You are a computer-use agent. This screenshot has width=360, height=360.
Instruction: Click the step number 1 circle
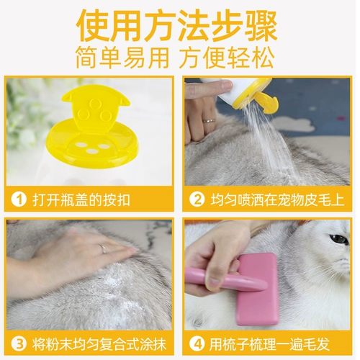(19, 199)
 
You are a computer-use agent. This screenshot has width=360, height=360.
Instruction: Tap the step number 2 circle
(197, 199)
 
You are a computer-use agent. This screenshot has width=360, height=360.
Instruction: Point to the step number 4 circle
(197, 344)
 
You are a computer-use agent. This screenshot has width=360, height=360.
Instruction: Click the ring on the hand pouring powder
(208, 120)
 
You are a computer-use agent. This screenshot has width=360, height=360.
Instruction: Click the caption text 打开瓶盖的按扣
(81, 200)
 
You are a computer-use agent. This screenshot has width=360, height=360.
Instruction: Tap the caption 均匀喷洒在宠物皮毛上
(278, 199)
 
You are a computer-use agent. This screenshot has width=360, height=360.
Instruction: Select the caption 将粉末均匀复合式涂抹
(99, 344)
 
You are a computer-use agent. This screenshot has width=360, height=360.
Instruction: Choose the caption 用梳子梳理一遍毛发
(269, 344)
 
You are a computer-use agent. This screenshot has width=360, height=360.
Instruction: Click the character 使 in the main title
(92, 26)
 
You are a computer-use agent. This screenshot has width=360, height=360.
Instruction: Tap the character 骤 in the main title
(261, 26)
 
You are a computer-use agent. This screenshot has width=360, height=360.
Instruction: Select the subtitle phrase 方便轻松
(228, 58)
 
